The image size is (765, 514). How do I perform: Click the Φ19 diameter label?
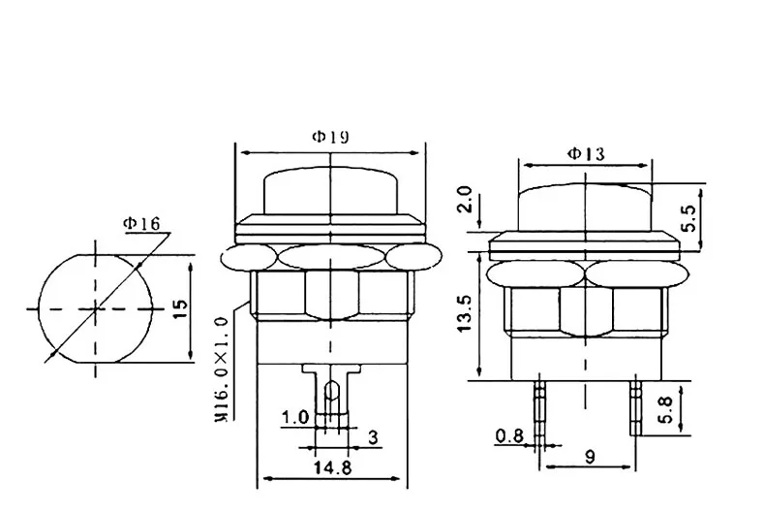click(330, 137)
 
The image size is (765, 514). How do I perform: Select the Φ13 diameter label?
click(586, 152)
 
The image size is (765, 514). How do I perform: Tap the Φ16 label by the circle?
click(141, 224)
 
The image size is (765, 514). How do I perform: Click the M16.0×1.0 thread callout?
click(221, 369)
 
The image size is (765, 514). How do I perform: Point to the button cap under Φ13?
click(586, 204)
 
